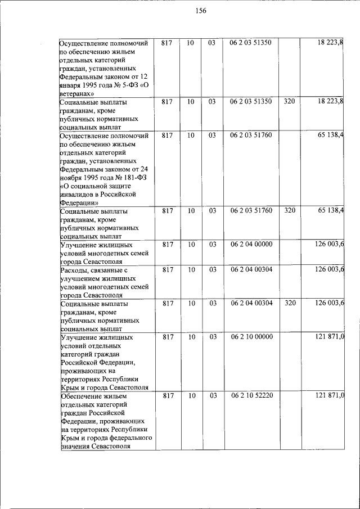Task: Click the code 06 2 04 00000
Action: coord(251,245)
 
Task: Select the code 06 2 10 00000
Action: coord(251,337)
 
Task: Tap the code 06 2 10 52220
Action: coord(251,397)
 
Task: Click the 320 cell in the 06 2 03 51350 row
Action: coord(290,102)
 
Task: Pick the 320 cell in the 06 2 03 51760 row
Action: coord(290,211)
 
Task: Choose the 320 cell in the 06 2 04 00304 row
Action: coord(290,303)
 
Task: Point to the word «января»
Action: coord(71,85)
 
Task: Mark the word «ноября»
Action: coord(71,177)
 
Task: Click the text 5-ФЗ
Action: coord(125,85)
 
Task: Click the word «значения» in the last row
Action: coord(75,446)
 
